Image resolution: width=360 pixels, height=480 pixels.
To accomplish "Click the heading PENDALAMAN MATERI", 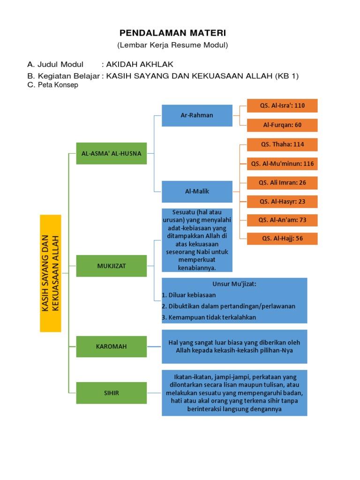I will [172, 33].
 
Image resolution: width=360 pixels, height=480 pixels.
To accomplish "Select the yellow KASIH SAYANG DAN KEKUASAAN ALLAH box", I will [51, 273].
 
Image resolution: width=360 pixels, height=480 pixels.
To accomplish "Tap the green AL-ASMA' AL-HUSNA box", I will [112, 153].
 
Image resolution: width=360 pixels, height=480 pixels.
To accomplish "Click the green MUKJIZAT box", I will [112, 266].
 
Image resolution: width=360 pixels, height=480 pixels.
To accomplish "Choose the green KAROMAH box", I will [112, 346].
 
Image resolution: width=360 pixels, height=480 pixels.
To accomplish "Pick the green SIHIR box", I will [112, 393].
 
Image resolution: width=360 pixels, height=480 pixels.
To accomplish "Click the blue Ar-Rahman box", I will [197, 115].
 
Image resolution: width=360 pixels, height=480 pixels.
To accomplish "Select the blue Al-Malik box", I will [197, 191].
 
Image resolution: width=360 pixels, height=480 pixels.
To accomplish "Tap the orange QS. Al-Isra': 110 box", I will [282, 105].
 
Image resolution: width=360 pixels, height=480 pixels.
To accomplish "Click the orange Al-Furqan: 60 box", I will [282, 125].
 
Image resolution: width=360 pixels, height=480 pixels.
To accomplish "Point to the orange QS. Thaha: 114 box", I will [282, 144].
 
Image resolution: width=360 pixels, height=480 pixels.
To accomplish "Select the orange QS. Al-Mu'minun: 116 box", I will [282, 164].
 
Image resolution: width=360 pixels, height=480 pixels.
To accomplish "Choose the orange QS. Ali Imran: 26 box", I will [282, 183].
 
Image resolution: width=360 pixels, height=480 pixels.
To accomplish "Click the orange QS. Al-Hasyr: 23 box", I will [282, 202].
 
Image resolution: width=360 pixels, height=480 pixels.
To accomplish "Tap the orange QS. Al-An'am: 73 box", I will [282, 220].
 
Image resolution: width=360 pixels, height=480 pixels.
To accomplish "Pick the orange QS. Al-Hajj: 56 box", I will [282, 239].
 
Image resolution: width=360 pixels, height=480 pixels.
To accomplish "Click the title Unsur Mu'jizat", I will [234, 284].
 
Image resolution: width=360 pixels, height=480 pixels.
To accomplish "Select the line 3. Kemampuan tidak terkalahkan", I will [209, 317].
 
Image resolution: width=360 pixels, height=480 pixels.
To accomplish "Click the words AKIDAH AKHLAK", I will [136, 64].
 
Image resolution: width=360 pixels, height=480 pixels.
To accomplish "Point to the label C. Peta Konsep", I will [53, 85].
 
